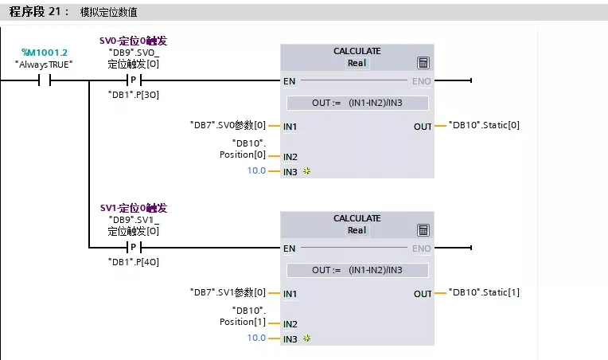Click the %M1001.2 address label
tap(44, 53)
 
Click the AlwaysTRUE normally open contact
tap(45, 80)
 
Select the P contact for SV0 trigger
tap(133, 80)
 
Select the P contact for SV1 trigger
tap(133, 248)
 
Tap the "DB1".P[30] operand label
tap(133, 94)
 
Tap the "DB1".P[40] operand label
tap(133, 261)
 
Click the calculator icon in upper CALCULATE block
tap(423, 64)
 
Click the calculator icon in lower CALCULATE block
tap(423, 231)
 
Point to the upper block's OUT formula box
tap(357, 103)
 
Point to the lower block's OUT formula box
tap(357, 270)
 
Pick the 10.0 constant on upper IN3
tap(256, 171)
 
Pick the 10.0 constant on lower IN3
tap(256, 338)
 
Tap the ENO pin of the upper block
tap(422, 81)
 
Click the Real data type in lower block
tap(357, 231)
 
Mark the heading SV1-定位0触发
tap(133, 208)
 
